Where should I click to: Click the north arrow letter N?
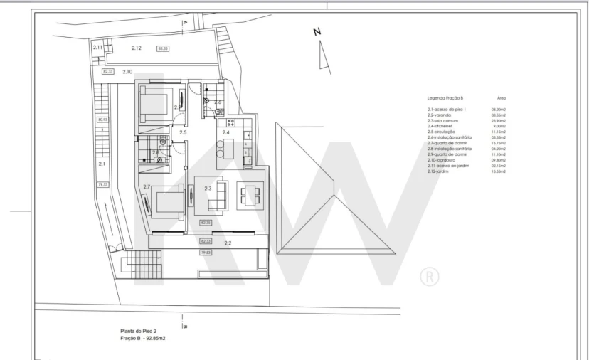[x=317, y=31]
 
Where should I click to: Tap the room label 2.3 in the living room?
[x=208, y=189]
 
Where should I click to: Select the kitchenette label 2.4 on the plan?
[x=226, y=132]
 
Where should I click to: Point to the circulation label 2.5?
[x=183, y=132]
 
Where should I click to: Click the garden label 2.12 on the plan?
[x=137, y=48]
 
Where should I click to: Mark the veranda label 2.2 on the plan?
[x=228, y=243]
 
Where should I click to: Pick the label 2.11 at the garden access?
[x=98, y=48]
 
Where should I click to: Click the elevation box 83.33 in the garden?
[x=163, y=48]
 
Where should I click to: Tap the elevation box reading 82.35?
[x=206, y=223]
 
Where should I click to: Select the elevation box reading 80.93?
[x=102, y=120]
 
